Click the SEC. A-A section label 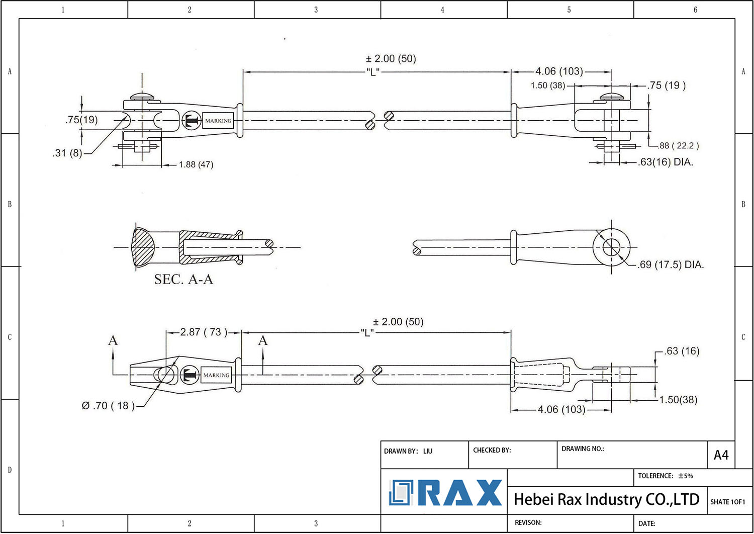(x=183, y=280)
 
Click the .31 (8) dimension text (x=67, y=153)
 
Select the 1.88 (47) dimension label (x=196, y=164)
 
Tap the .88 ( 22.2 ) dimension (x=679, y=146)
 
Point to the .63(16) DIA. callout (x=666, y=162)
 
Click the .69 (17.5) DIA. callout (x=671, y=264)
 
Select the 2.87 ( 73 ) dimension (x=204, y=332)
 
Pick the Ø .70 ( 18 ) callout (x=108, y=406)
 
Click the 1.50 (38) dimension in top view (x=547, y=85)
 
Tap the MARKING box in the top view (x=218, y=121)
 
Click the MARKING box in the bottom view (x=216, y=375)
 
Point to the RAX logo (x=445, y=493)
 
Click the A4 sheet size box (x=721, y=455)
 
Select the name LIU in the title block (x=428, y=451)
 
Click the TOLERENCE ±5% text (x=665, y=476)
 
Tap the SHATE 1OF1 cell (x=727, y=502)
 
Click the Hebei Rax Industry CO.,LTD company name (x=606, y=499)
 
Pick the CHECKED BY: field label (x=492, y=450)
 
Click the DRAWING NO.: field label (x=583, y=449)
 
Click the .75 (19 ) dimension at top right (x=667, y=85)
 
